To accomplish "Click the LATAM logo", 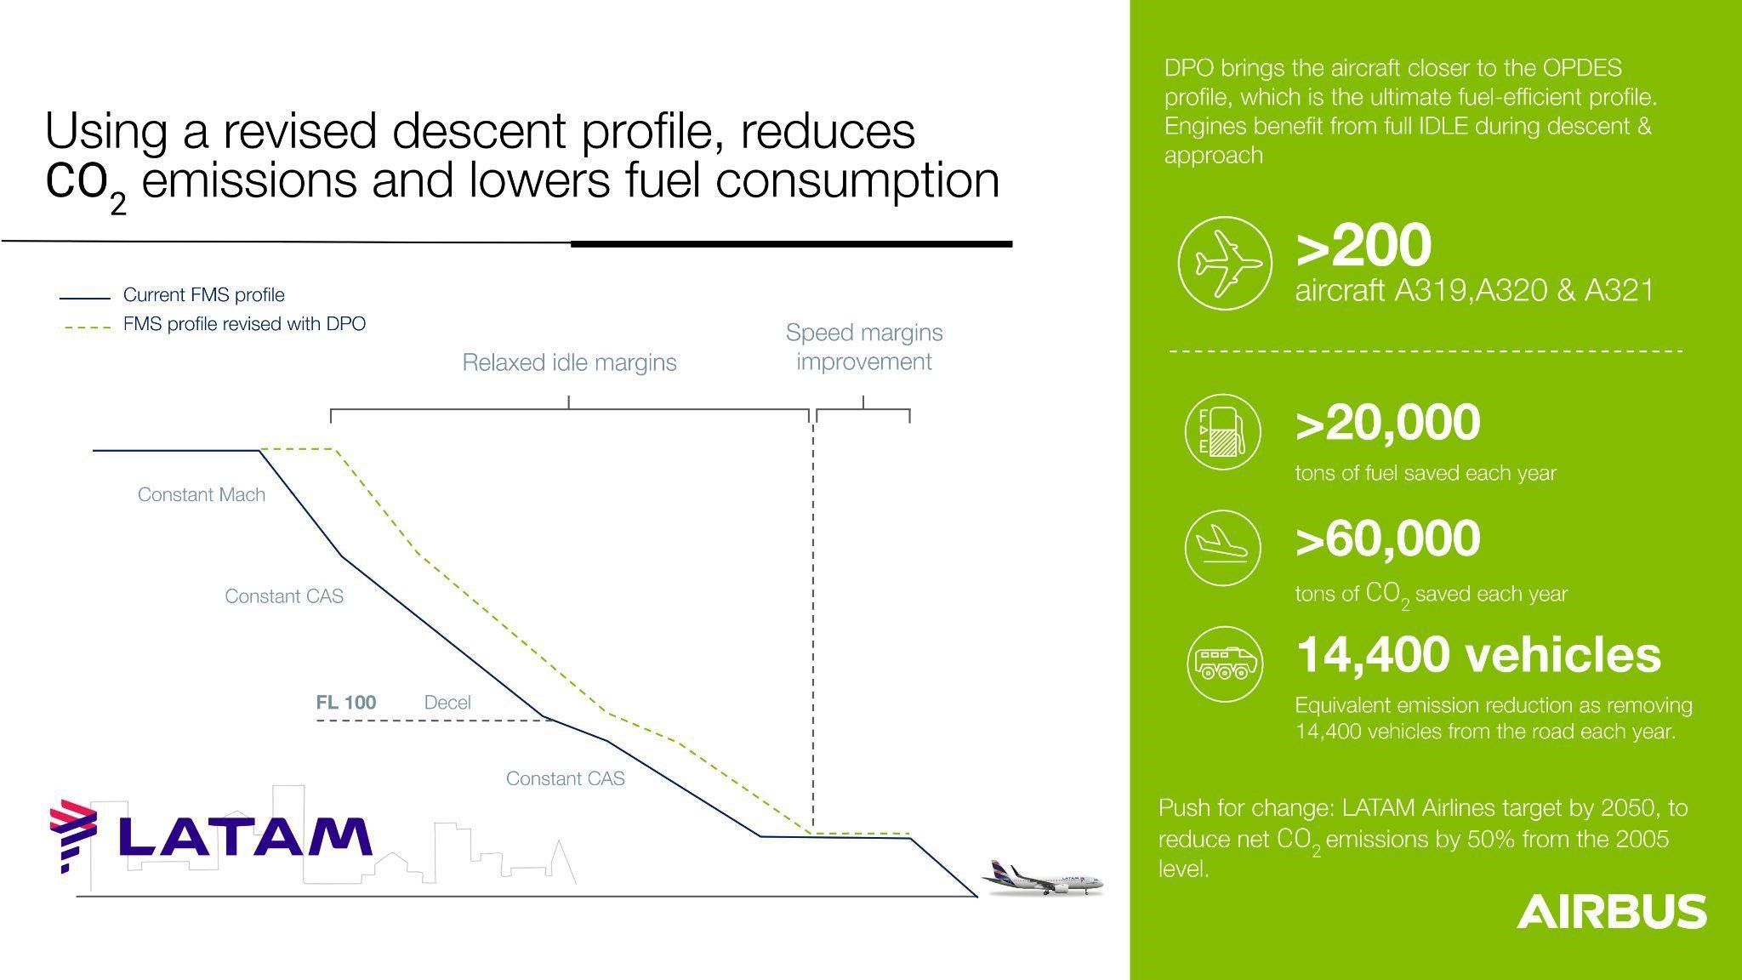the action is pyautogui.click(x=210, y=836).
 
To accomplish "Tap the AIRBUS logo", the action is pyautogui.click(x=1612, y=911).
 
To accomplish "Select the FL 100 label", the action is pyautogui.click(x=346, y=703).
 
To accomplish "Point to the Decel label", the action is pyautogui.click(x=447, y=703).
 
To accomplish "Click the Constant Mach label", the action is pyautogui.click(x=202, y=495).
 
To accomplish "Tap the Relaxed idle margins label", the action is pyautogui.click(x=569, y=362).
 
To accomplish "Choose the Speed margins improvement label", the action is pyautogui.click(x=864, y=347).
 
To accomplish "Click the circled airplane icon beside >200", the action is pyautogui.click(x=1225, y=262).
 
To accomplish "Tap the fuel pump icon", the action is pyautogui.click(x=1223, y=431).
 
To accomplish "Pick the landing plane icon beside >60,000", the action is pyautogui.click(x=1223, y=548).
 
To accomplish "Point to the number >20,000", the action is pyautogui.click(x=1387, y=423).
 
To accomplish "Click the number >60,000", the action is pyautogui.click(x=1387, y=538).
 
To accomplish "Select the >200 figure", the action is pyautogui.click(x=1363, y=246).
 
